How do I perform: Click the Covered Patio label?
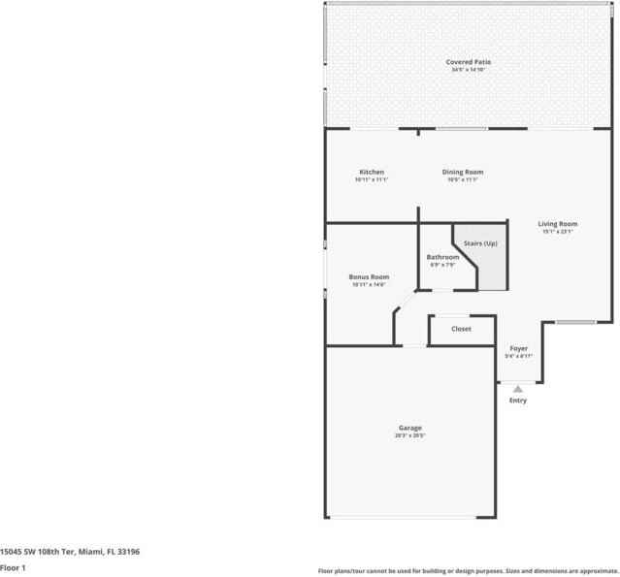pyautogui.click(x=468, y=62)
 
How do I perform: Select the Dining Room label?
pyautogui.click(x=465, y=172)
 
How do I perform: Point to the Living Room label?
pyautogui.click(x=558, y=224)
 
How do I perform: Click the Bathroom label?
pyautogui.click(x=442, y=257)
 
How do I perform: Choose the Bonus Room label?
pyautogui.click(x=369, y=276)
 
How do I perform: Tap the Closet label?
pyautogui.click(x=462, y=329)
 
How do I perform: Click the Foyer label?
pyautogui.click(x=519, y=348)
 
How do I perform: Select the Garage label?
pyautogui.click(x=409, y=428)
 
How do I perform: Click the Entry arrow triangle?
pyautogui.click(x=518, y=389)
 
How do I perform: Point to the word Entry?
pyautogui.click(x=518, y=401)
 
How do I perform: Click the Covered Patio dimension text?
pyautogui.click(x=468, y=70)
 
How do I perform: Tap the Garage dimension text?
pyautogui.click(x=409, y=435)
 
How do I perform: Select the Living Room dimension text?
pyautogui.click(x=558, y=232)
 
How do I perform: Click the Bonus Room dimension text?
pyautogui.click(x=369, y=284)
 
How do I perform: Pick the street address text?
pyautogui.click(x=70, y=551)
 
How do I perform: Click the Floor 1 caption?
pyautogui.click(x=13, y=567)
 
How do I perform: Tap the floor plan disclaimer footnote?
pyautogui.click(x=467, y=570)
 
